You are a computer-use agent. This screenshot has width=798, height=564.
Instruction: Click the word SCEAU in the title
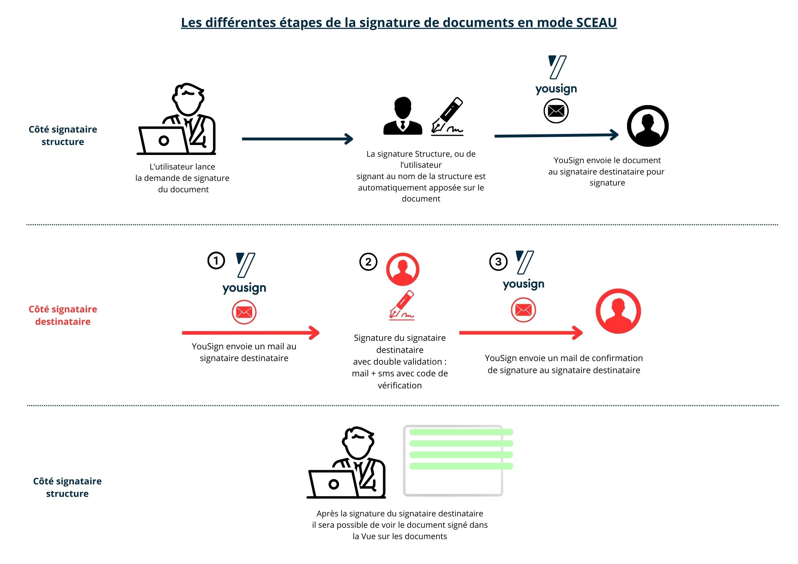coord(596,23)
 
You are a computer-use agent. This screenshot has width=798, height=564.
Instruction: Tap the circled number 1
coord(216,260)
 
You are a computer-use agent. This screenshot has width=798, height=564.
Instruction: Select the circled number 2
coord(368,262)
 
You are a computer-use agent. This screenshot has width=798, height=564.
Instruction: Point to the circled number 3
coord(498,262)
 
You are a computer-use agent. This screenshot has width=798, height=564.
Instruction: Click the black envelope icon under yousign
coord(556,111)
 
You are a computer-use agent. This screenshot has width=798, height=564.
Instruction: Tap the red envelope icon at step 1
coord(244,312)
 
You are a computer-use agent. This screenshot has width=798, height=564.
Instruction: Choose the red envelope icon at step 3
coord(523,310)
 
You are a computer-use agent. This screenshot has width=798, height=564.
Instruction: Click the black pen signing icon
coord(447,117)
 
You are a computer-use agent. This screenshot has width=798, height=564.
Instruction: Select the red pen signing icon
coord(402,305)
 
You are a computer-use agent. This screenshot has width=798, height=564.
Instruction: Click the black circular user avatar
coord(647,126)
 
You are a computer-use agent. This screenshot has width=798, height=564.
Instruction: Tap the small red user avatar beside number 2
coord(403,269)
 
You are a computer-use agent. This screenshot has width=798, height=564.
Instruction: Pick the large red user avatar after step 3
coord(618,311)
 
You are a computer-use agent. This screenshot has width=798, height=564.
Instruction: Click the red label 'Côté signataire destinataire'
coord(63,315)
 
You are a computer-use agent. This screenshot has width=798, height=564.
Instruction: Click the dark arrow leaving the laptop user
coord(297,139)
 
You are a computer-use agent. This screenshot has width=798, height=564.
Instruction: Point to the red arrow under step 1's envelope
coord(251,333)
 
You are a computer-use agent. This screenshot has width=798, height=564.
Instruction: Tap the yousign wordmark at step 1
coord(244,288)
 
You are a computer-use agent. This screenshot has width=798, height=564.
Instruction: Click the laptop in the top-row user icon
coord(163,140)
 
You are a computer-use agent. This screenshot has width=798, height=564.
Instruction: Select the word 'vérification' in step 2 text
coord(400,385)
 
